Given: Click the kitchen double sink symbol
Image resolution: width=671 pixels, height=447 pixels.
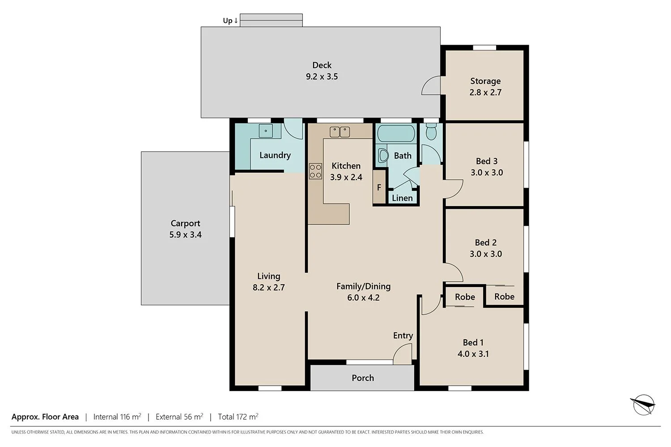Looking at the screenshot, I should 340,132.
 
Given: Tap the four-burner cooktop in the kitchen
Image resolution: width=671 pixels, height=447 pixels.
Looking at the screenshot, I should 315,171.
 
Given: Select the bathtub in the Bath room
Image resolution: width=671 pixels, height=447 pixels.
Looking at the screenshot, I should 395,133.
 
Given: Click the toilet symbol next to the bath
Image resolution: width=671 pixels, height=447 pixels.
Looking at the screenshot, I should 431,132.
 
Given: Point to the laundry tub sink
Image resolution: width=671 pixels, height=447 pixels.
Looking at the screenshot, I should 266,131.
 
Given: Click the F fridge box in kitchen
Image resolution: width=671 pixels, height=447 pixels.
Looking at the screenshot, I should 379,188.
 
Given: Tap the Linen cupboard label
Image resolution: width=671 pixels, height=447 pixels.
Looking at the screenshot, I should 402,198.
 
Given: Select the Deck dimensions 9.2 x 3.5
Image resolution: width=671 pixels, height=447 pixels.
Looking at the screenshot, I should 322,76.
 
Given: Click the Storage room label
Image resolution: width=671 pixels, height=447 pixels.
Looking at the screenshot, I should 485,81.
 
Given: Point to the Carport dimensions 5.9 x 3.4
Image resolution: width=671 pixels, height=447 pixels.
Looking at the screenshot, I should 185,235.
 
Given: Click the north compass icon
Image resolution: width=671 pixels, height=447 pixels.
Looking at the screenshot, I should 643,405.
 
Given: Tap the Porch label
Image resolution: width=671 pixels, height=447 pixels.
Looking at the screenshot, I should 362,378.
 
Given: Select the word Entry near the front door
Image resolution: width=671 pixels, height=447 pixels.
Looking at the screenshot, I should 403,336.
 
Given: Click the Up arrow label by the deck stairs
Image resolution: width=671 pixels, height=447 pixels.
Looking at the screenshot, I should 230,21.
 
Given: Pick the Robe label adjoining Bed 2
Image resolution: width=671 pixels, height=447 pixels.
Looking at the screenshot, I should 504,296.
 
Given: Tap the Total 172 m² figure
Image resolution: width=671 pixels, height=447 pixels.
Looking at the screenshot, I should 238,417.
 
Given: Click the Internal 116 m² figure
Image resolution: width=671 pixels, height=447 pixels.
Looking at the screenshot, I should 117,417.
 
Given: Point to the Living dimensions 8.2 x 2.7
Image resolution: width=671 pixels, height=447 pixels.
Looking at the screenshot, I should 268,287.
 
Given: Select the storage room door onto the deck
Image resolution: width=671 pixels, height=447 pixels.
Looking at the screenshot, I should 431,85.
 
